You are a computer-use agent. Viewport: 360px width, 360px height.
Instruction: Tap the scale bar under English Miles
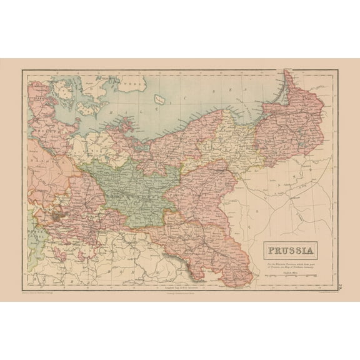click(x=289, y=274)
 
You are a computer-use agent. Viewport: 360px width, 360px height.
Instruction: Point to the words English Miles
click(x=289, y=269)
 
